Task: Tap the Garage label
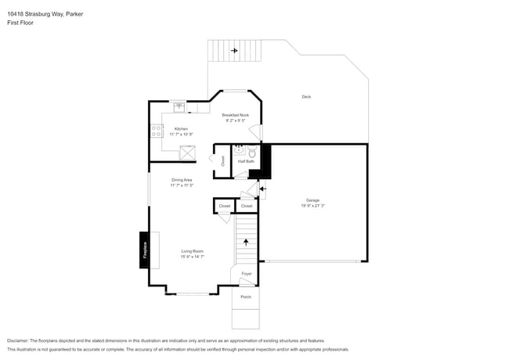[312, 200]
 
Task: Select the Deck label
[306, 97]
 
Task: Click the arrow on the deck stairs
[233, 51]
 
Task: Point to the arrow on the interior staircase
[246, 242]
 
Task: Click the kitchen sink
[179, 106]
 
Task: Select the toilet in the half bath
[252, 154]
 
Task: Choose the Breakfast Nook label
[235, 115]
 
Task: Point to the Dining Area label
[182, 180]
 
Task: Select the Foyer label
[246, 274]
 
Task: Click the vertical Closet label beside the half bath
[223, 161]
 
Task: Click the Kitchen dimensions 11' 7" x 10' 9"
[181, 135]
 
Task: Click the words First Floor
[20, 23]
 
